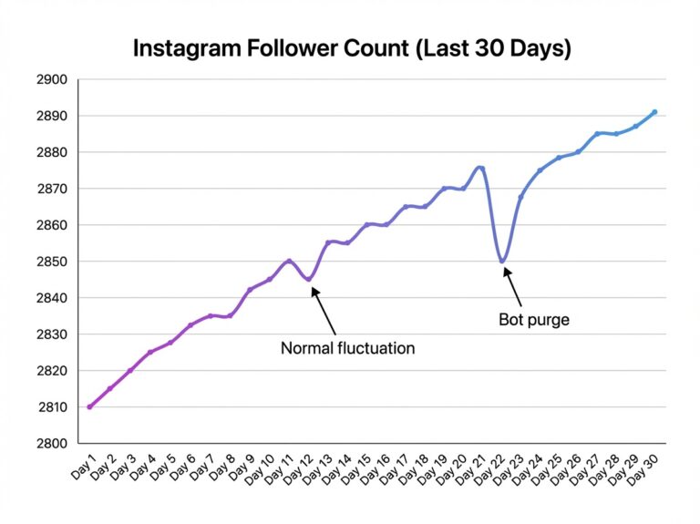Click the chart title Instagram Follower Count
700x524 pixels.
[352, 48]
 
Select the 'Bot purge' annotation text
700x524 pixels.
[534, 320]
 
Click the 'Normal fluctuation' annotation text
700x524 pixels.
[347, 348]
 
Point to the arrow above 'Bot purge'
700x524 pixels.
[512, 287]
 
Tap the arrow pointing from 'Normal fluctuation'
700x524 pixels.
[324, 311]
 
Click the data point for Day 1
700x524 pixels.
[89, 406]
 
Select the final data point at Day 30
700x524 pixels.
[654, 112]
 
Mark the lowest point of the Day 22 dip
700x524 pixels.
[501, 262]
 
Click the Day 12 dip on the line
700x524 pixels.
[308, 279]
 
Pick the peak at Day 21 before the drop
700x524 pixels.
[480, 168]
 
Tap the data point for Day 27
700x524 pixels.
[597, 134]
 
